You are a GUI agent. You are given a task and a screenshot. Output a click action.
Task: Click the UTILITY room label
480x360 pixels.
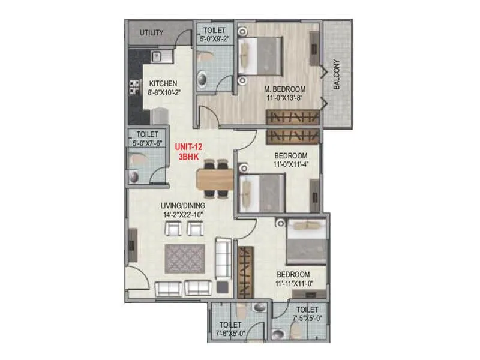click(x=151, y=32)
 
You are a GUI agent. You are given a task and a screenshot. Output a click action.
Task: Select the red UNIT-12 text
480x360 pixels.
click(x=189, y=147)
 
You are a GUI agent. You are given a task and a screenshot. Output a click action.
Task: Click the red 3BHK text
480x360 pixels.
click(x=189, y=157)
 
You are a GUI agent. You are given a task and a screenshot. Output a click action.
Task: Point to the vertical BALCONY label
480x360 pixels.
click(x=337, y=74)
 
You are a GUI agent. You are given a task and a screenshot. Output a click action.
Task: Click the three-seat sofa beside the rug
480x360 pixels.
click(x=223, y=258)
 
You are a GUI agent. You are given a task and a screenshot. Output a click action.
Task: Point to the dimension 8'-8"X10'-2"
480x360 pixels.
click(x=164, y=93)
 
